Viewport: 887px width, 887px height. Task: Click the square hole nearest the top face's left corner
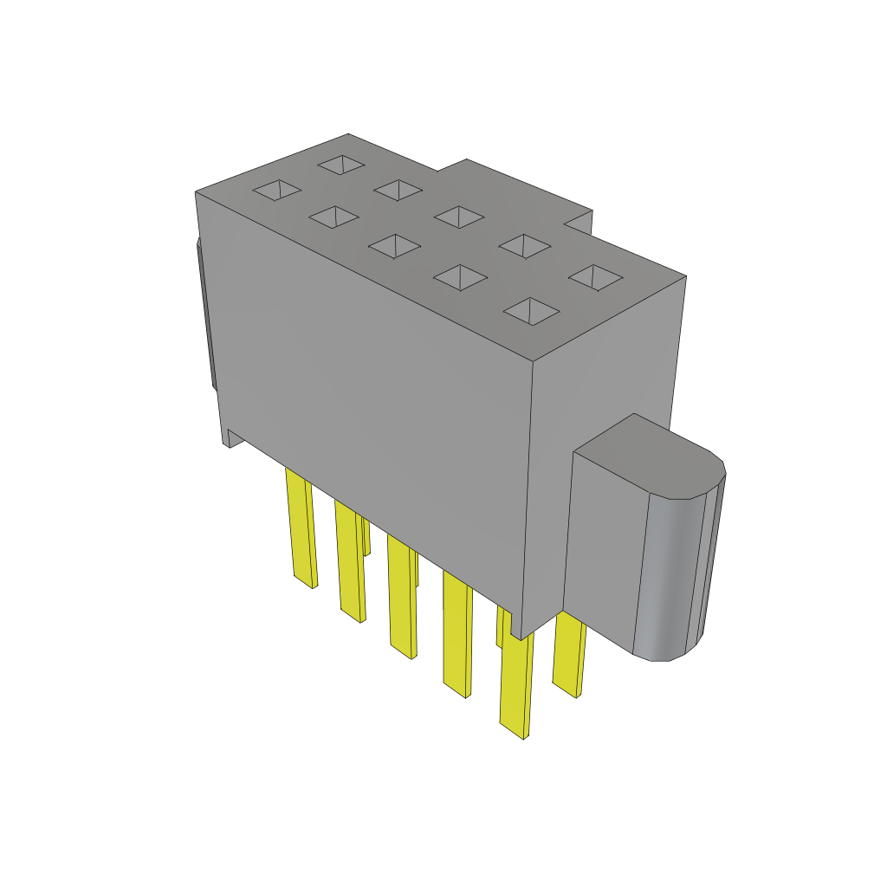tap(276, 190)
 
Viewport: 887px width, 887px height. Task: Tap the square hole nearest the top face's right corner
tap(595, 277)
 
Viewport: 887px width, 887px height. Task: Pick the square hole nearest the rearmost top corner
tap(341, 163)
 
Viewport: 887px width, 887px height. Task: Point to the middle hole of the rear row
tap(458, 217)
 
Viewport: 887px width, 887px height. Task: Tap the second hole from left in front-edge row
tap(333, 217)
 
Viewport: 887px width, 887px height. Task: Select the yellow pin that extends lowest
tap(515, 684)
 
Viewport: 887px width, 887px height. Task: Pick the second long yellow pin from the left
tap(349, 563)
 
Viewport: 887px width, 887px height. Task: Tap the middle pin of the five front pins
tap(400, 598)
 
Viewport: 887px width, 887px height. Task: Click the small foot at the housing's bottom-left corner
tap(228, 437)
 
